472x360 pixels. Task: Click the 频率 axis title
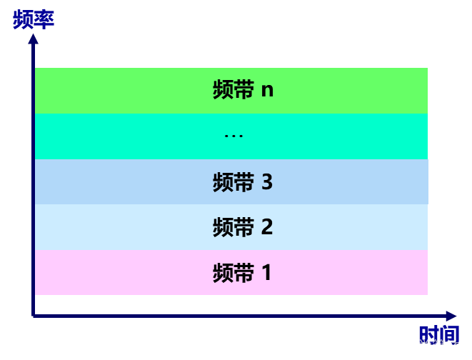coord(34,19)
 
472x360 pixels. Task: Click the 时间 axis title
coord(439,334)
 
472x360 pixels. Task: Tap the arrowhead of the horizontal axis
coord(451,316)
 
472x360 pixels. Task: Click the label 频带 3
coord(243,182)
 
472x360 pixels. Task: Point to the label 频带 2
coord(243,228)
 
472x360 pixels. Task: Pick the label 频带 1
coord(242,273)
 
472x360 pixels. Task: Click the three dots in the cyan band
coord(234,136)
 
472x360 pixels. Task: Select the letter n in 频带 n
coord(267,91)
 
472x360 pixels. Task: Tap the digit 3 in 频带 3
coord(267,182)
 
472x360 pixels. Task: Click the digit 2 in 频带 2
coord(267,228)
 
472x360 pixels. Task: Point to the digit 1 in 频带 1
coord(267,273)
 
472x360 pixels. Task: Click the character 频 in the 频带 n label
coord(223,91)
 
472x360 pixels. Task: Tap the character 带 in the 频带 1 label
coord(243,273)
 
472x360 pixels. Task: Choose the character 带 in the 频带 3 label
coord(243,182)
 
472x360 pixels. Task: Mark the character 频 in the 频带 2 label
coord(223,228)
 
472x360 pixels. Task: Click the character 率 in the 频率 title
coord(44,19)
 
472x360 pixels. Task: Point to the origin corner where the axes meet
coord(34,315)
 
